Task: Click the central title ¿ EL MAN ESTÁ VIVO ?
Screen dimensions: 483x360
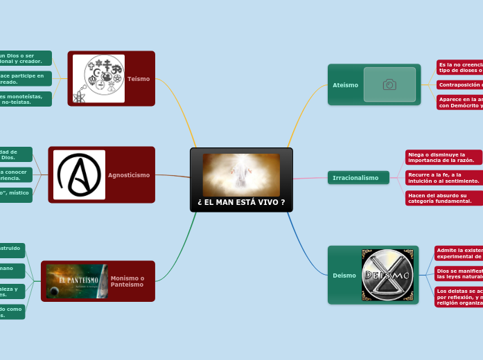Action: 241,202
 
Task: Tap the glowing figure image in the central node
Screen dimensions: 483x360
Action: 241,174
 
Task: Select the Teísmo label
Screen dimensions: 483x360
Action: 139,79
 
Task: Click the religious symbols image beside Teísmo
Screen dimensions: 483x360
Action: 99,79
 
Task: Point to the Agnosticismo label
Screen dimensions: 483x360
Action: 129,175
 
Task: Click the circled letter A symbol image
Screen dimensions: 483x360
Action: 80,175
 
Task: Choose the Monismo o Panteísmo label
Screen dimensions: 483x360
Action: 128,281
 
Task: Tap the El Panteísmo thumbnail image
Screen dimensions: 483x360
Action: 76,281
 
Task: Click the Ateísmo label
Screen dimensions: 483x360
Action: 345,85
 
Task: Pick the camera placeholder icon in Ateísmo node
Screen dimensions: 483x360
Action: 389,84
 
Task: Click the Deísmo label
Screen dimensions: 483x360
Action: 344,276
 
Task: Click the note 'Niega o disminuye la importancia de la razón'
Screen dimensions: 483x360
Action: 444,157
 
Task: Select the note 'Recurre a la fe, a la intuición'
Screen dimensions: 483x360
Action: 444,178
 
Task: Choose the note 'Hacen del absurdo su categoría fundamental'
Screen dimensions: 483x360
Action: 444,198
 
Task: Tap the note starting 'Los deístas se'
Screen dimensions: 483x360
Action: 458,297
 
